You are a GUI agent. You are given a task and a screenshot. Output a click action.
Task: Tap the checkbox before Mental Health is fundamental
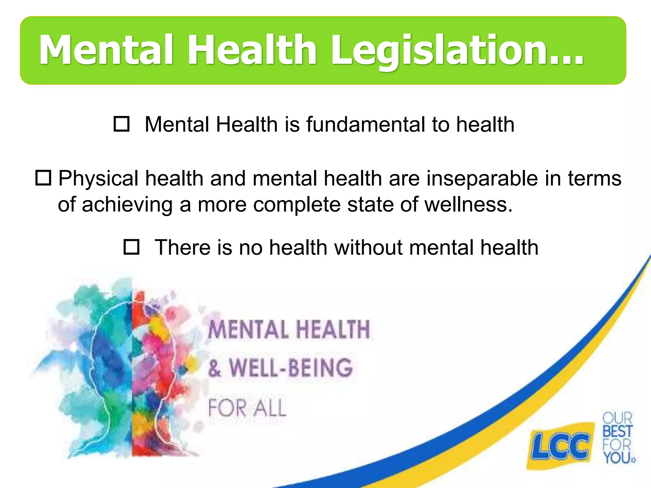121,124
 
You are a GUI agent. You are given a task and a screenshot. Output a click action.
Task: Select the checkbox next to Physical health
43,178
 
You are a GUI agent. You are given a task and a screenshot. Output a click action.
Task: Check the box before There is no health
131,247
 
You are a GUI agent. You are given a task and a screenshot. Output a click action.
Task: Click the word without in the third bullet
368,247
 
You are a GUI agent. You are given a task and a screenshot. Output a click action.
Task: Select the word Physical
98,178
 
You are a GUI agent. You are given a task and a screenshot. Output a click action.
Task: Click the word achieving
127,204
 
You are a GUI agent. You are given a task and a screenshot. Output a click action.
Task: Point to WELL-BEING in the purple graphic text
291,368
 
